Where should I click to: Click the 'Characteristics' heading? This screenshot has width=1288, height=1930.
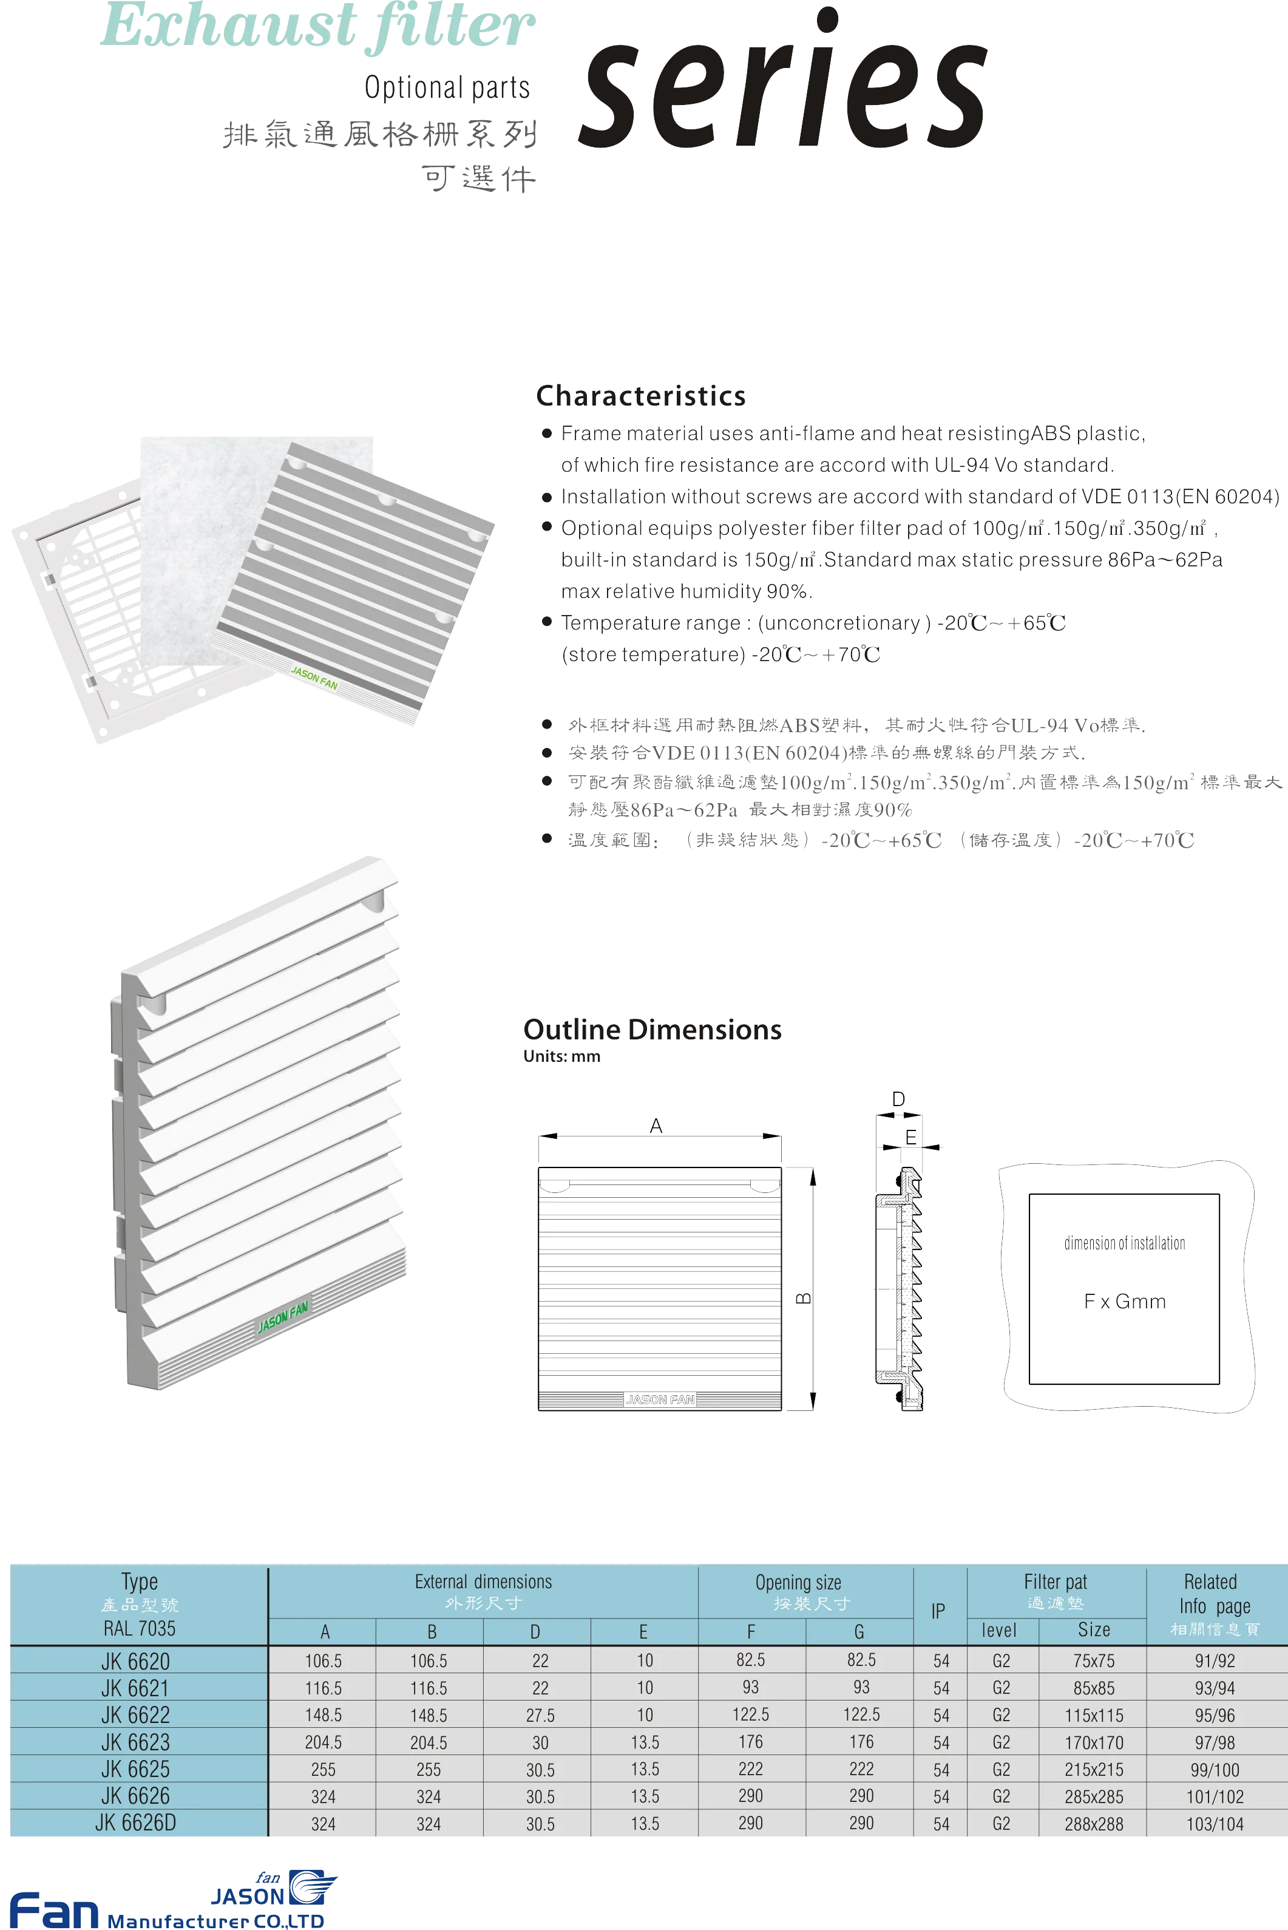point(641,396)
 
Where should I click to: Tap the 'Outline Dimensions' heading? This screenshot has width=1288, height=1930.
point(652,1030)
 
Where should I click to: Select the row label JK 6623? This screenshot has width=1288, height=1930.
point(135,1742)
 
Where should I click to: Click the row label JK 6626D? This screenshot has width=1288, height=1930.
point(135,1823)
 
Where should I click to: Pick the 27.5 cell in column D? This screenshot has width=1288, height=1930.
point(540,1716)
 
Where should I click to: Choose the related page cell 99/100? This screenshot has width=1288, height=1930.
point(1215,1770)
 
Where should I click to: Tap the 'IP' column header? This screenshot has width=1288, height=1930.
point(938,1611)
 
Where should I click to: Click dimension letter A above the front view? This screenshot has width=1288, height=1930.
point(656,1126)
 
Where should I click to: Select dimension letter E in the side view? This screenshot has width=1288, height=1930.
point(911,1137)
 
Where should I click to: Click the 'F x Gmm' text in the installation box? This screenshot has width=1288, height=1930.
point(1125,1302)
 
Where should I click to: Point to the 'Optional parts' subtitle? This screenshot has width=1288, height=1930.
point(448,87)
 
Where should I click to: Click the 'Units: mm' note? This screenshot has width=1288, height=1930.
point(562,1056)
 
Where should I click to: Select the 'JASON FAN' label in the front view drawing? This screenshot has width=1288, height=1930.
point(660,1399)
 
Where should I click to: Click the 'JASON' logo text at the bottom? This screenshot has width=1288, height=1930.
point(247,1897)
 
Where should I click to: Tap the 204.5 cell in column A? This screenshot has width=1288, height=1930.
point(324,1742)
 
